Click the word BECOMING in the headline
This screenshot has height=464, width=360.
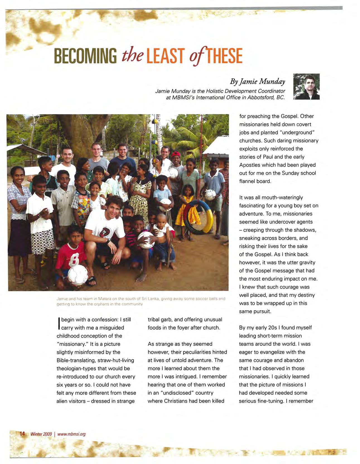(85, 56)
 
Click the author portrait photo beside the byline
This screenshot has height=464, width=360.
(306, 86)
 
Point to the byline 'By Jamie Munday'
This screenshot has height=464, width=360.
(257, 81)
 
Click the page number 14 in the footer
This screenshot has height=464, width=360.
(22, 434)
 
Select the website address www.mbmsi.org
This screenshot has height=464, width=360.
(71, 434)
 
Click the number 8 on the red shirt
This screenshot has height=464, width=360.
(73, 258)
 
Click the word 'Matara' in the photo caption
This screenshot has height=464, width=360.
(104, 299)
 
